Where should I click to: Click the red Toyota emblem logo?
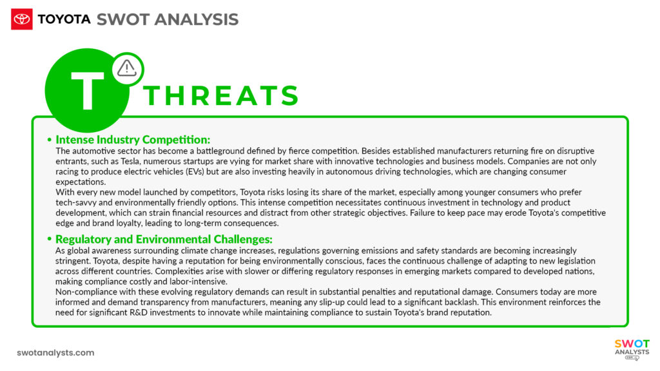(22, 19)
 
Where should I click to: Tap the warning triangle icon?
(127, 67)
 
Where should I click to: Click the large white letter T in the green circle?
(88, 90)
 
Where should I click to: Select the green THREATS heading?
(222, 96)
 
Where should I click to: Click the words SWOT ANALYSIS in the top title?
(168, 19)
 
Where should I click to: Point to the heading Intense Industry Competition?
(133, 140)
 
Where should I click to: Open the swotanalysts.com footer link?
(55, 352)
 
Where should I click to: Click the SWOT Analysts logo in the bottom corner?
(632, 350)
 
